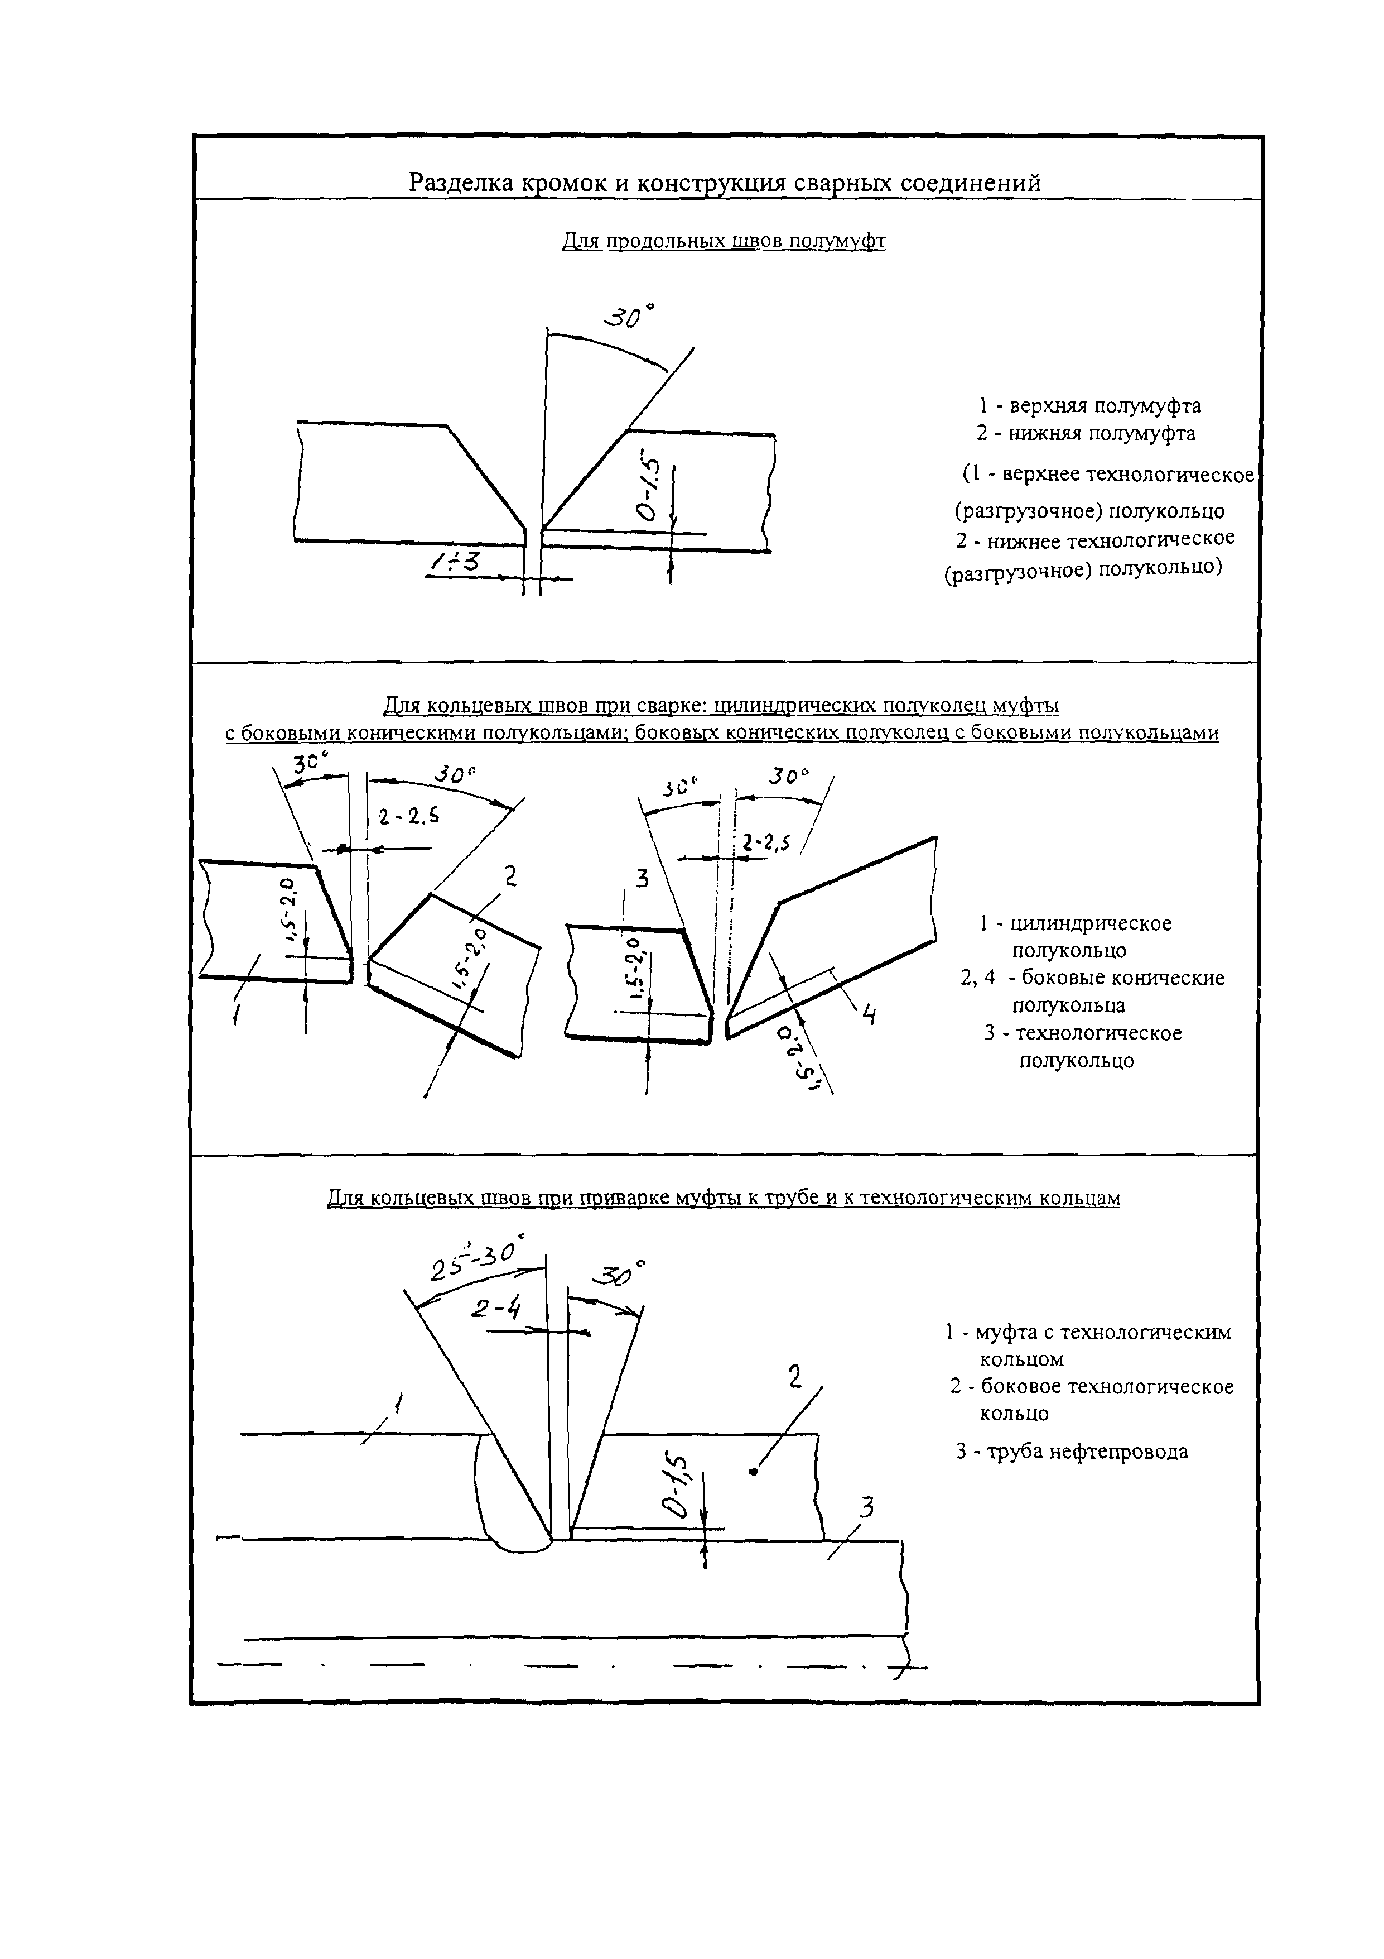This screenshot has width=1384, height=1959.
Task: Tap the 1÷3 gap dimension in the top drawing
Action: click(455, 562)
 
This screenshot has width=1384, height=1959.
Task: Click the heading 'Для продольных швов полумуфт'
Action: click(723, 242)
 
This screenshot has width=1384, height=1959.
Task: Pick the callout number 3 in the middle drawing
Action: click(642, 878)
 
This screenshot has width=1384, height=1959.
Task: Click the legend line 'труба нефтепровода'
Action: click(1087, 1452)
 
